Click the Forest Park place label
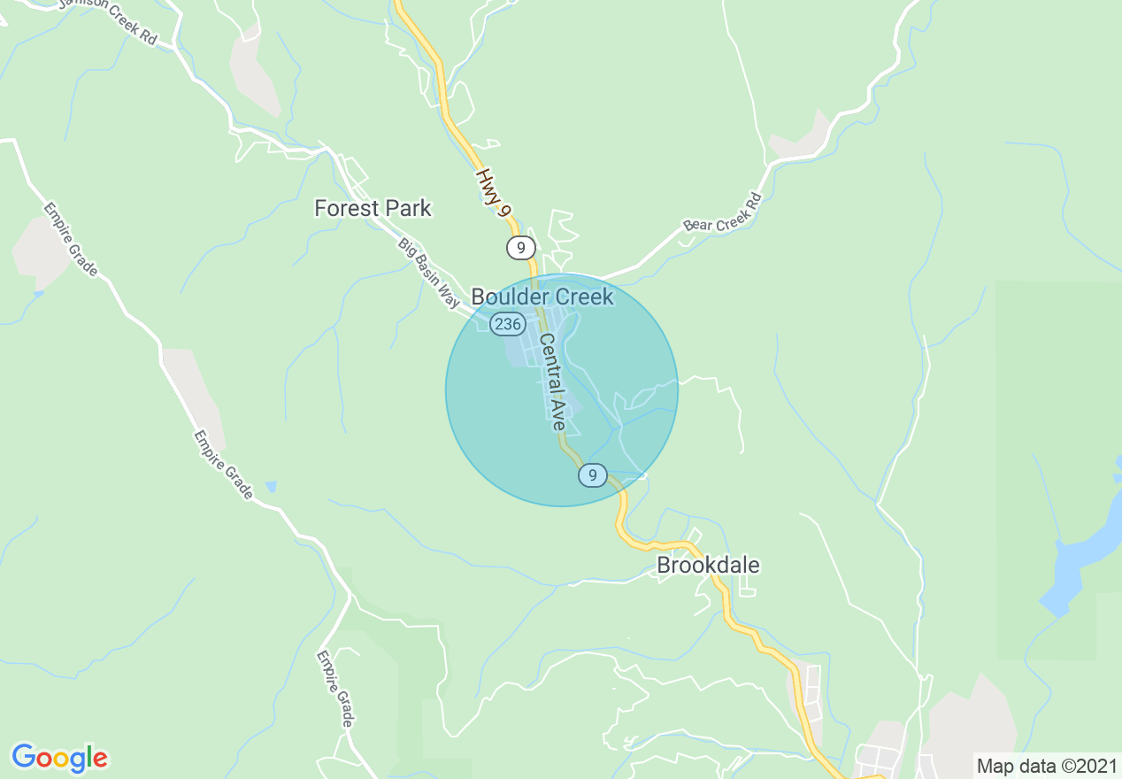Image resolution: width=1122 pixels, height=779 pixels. pyautogui.click(x=373, y=209)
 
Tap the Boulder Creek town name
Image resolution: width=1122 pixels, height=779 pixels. pyautogui.click(x=542, y=297)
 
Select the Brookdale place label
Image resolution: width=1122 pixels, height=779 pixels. pyautogui.click(x=708, y=565)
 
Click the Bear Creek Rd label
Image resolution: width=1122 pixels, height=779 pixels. pyautogui.click(x=722, y=212)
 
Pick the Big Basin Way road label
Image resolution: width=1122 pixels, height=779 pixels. pyautogui.click(x=428, y=274)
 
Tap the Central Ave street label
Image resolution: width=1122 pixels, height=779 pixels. pyautogui.click(x=552, y=382)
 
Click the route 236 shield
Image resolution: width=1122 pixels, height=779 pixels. pyautogui.click(x=508, y=324)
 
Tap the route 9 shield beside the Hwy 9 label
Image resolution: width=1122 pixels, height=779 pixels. pyautogui.click(x=521, y=248)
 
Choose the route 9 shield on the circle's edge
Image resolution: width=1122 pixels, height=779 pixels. pyautogui.click(x=593, y=475)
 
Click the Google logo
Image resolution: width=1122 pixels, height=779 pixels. pyautogui.click(x=59, y=758)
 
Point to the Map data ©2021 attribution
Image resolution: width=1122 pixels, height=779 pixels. pyautogui.click(x=1047, y=766)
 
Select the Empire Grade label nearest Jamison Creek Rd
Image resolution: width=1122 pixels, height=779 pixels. pyautogui.click(x=70, y=239)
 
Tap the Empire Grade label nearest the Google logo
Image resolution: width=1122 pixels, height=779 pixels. pyautogui.click(x=335, y=690)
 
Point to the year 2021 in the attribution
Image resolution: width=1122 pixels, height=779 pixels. pyautogui.click(x=1097, y=766)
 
